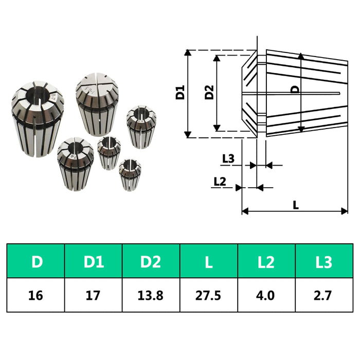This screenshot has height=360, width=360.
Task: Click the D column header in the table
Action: [x=37, y=262]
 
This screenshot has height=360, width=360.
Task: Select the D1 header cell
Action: [x=94, y=262]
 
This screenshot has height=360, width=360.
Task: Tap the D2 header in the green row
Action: [x=151, y=262]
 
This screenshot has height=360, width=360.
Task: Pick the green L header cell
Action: [x=208, y=262]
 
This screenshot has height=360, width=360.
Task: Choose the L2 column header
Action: [x=266, y=262]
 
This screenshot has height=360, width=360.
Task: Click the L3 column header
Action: [x=323, y=262]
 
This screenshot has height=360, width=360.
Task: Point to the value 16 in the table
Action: [x=37, y=295]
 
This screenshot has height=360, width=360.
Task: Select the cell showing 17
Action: [x=94, y=295]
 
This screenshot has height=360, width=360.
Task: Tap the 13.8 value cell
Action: [x=151, y=295]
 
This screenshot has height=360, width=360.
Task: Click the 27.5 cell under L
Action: [x=208, y=295]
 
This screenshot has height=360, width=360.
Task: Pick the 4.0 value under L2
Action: [x=266, y=295]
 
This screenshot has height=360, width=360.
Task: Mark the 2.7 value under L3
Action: [x=323, y=295]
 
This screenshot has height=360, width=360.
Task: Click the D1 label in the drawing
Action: [x=180, y=94]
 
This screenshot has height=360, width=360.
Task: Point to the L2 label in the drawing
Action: [x=220, y=181]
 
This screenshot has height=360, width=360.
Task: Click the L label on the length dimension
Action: [x=296, y=204]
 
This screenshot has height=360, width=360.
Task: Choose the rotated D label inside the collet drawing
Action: [x=295, y=89]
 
